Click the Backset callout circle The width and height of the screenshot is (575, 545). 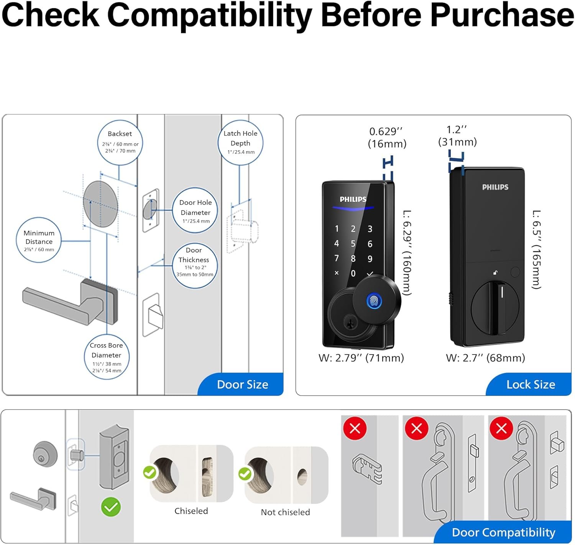(x=120, y=142)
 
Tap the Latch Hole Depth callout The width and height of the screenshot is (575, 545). (x=240, y=143)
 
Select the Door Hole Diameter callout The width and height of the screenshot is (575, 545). (x=195, y=210)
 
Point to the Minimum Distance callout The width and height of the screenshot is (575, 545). (x=39, y=240)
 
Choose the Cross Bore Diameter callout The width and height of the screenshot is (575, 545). (x=107, y=357)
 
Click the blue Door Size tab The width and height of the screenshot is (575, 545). (x=242, y=384)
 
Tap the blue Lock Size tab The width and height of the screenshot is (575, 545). (x=530, y=384)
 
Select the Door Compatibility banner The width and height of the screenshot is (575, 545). (x=503, y=532)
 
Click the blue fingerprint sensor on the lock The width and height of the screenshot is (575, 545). (x=374, y=300)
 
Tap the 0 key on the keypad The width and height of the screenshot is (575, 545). (x=353, y=273)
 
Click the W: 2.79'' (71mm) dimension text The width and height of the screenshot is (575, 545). (x=361, y=358)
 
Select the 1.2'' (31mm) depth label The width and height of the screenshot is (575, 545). (x=457, y=136)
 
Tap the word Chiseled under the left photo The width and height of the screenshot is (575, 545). (x=191, y=511)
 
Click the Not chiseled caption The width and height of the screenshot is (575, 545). (x=285, y=512)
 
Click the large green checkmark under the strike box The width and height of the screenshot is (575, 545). (x=111, y=507)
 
